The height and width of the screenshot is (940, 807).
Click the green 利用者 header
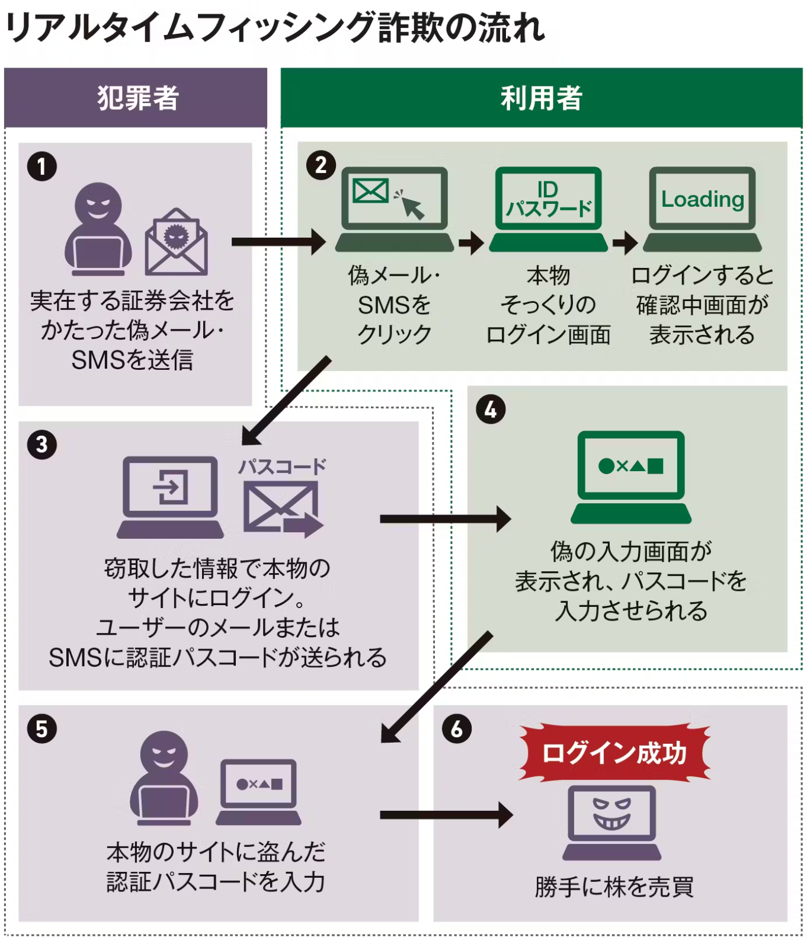[x=541, y=98]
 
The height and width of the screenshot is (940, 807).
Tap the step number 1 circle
[x=42, y=167]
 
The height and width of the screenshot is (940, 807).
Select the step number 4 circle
[x=491, y=410]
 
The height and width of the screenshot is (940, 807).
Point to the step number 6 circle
[x=457, y=728]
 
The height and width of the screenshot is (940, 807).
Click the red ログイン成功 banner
[x=614, y=753]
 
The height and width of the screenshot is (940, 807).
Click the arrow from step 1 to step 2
[x=278, y=242]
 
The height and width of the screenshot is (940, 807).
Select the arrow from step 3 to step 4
[x=445, y=519]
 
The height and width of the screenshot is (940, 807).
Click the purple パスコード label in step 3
[x=282, y=466]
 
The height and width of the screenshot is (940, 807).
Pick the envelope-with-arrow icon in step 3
[x=282, y=509]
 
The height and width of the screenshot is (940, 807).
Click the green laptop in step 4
[x=631, y=477]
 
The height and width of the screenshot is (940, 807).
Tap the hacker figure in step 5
[x=164, y=778]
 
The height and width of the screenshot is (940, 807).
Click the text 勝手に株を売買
[x=614, y=887]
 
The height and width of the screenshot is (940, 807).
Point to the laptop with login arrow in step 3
[x=170, y=497]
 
